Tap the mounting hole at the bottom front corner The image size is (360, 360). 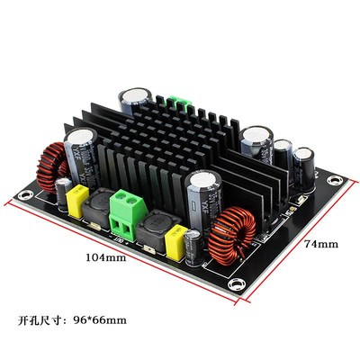pos(236,285)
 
